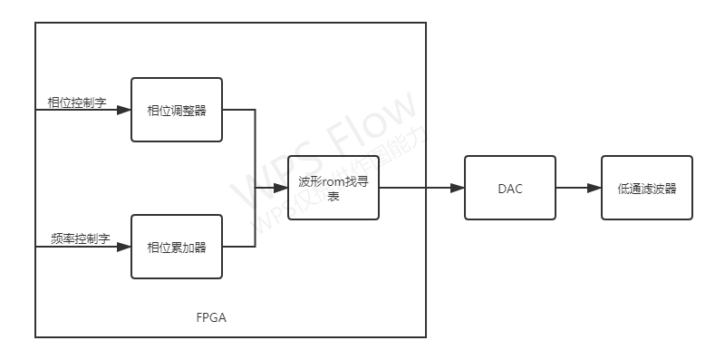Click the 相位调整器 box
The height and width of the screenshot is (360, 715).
[177, 110]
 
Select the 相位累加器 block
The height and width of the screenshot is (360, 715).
[177, 246]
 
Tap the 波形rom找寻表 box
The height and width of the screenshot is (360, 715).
[333, 188]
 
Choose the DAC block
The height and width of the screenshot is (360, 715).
[509, 188]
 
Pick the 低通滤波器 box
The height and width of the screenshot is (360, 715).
[647, 188]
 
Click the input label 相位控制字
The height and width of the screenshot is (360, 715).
[77, 102]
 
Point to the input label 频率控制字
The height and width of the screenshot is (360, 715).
[80, 238]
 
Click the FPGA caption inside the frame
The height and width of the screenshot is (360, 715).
[211, 318]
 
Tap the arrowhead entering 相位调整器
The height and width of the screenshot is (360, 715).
[125, 110]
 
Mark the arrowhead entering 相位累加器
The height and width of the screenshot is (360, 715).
[125, 246]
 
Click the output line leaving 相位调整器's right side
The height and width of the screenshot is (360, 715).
[239, 110]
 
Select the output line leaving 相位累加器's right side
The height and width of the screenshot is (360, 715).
[239, 246]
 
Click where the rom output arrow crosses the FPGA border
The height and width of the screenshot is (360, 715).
[425, 188]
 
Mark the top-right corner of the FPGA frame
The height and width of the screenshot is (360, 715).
[425, 24]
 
